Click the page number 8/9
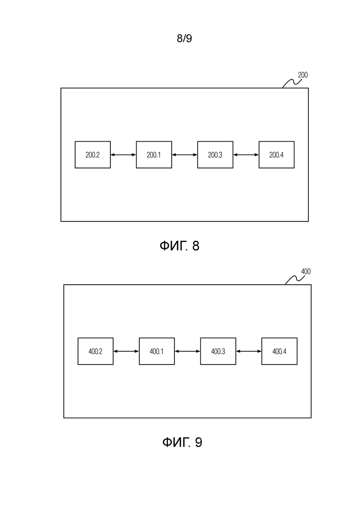pyautogui.click(x=184, y=38)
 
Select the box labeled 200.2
pyautogui.click(x=92, y=155)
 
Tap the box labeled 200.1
pyautogui.click(x=154, y=155)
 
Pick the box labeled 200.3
pyautogui.click(x=215, y=155)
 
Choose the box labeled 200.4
pyautogui.click(x=276, y=155)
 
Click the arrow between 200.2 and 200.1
pyautogui.click(x=123, y=155)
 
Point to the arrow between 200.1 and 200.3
pyautogui.click(x=185, y=155)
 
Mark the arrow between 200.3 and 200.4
pyautogui.click(x=246, y=155)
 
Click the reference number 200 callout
pyautogui.click(x=303, y=75)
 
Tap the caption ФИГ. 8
pyautogui.click(x=179, y=246)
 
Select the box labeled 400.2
pyautogui.click(x=96, y=351)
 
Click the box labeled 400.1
pyautogui.click(x=157, y=351)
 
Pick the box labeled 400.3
pyautogui.click(x=218, y=351)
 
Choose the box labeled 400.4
pyautogui.click(x=280, y=351)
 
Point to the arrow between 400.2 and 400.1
pyautogui.click(x=126, y=351)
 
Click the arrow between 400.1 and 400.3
pyautogui.click(x=188, y=351)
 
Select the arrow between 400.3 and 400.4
pyautogui.click(x=249, y=351)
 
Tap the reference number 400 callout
pyautogui.click(x=306, y=271)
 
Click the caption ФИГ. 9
pyautogui.click(x=182, y=442)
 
